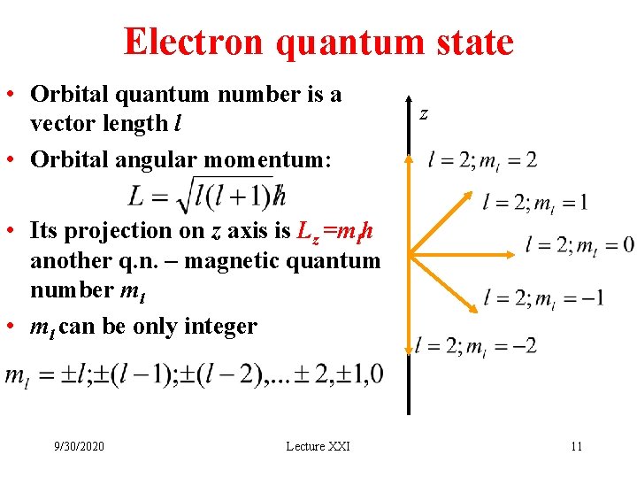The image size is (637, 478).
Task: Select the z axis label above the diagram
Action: (x=424, y=113)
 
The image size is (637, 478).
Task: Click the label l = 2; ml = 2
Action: (x=482, y=160)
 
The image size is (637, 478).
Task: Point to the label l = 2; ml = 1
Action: (x=536, y=202)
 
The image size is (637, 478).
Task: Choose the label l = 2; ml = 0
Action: (x=579, y=244)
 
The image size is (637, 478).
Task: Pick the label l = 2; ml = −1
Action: (x=544, y=297)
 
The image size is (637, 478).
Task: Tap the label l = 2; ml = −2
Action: (x=476, y=344)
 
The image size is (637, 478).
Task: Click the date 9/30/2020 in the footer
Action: (x=78, y=445)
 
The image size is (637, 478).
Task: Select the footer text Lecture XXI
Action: (x=318, y=445)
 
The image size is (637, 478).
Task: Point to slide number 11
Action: (x=576, y=445)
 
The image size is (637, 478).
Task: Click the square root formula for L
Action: (x=207, y=195)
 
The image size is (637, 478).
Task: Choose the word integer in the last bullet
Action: (x=221, y=327)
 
